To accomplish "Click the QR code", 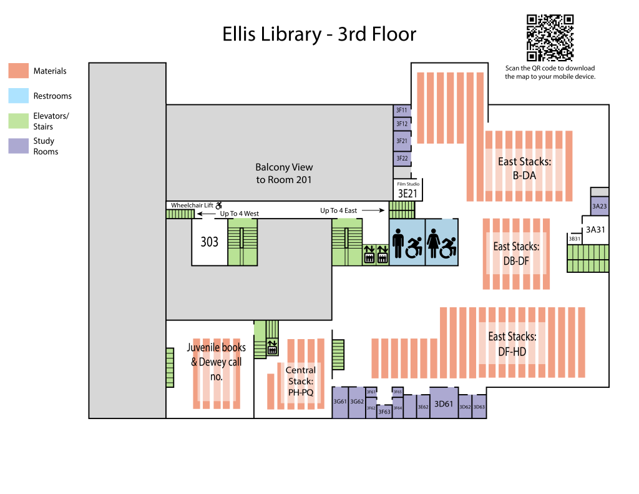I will coord(550,37).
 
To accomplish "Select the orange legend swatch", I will coord(19,71).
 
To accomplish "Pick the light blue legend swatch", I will coord(19,96).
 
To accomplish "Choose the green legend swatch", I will coord(19,121).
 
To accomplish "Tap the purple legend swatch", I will coord(19,146).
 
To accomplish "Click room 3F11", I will coord(402,111).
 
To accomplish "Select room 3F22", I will coord(402,159).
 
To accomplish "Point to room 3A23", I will coord(600,206).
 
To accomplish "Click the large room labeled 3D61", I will coord(444,405).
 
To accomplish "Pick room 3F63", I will coord(384,412).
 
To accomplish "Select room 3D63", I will coord(479,407).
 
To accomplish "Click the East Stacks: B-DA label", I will coord(524,169).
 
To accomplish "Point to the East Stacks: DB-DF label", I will coord(516,254).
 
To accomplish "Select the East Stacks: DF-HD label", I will coord(512,344).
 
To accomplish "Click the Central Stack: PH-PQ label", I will coord(300,382).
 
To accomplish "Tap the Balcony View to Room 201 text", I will coord(284,174).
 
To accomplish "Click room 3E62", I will coord(423,407).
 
